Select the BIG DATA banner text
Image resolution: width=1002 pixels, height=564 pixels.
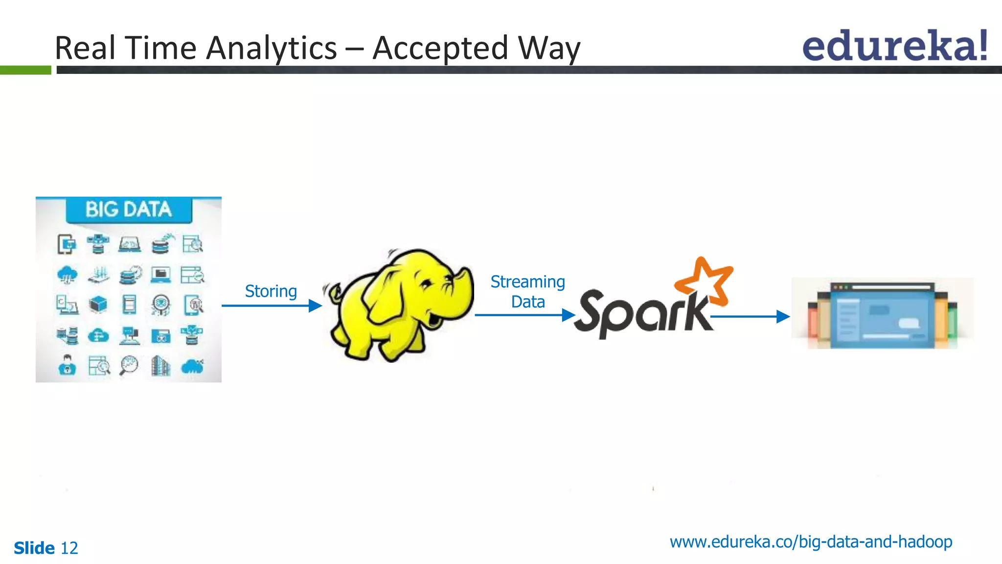pyautogui.click(x=129, y=210)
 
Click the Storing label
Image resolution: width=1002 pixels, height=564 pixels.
pyautogui.click(x=271, y=291)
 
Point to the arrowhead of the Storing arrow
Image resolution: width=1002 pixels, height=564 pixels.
pyautogui.click(x=316, y=306)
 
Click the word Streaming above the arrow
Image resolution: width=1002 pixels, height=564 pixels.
pyautogui.click(x=527, y=282)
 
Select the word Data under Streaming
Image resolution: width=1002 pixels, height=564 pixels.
pyautogui.click(x=528, y=302)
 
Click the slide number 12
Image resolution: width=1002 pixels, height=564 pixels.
pyautogui.click(x=69, y=548)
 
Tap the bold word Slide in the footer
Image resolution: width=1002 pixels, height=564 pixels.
pyautogui.click(x=34, y=548)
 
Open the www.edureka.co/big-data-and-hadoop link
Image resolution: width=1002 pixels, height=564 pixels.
pyautogui.click(x=811, y=542)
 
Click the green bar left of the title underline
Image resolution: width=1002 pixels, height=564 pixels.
pyautogui.click(x=25, y=70)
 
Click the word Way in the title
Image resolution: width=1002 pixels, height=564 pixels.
pyautogui.click(x=549, y=48)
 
